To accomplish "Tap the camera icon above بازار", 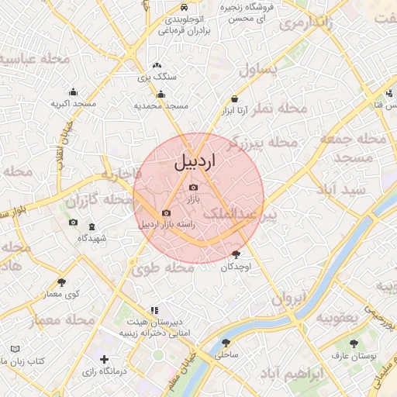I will click(193, 188).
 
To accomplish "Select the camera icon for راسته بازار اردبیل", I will click(166, 213).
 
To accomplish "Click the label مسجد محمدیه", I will click(162, 105).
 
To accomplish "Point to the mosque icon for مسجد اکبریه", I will click(73, 92).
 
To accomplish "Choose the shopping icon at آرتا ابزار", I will click(235, 98).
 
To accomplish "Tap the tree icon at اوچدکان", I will click(236, 254).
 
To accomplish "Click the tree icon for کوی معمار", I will click(62, 282).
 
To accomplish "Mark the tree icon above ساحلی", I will click(226, 342).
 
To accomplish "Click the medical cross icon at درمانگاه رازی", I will click(105, 360).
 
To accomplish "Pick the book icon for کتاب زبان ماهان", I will click(16, 350).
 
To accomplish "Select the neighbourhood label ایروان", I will click(290, 297).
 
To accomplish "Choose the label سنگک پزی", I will click(157, 77).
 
